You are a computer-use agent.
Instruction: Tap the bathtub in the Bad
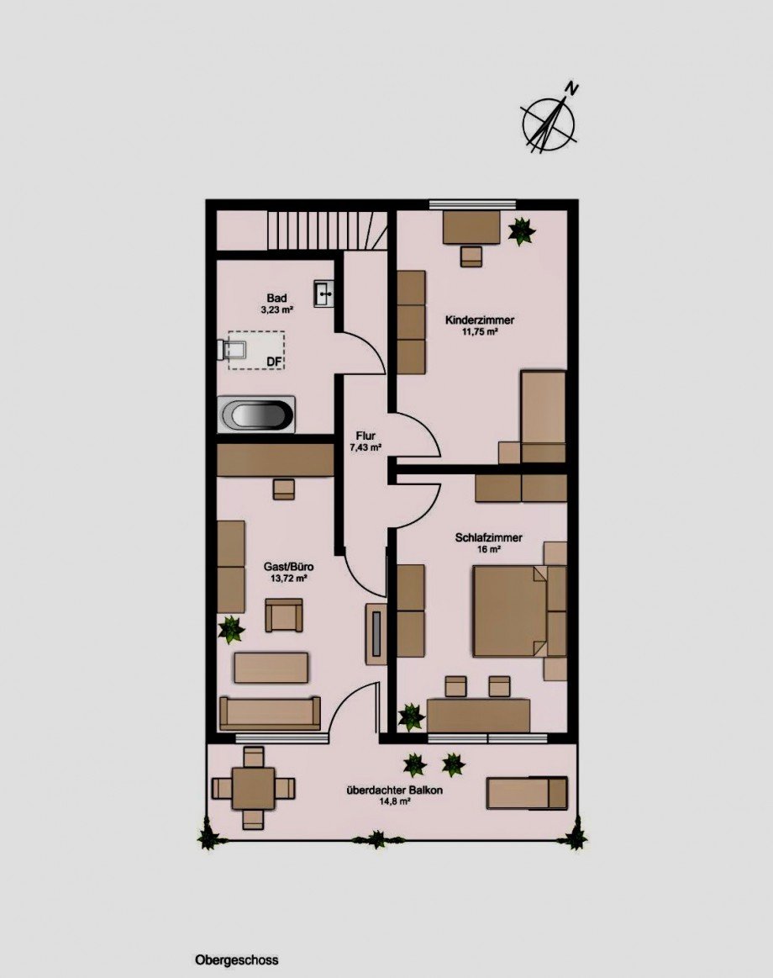point(256,414)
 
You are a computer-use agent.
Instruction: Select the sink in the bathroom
point(325,293)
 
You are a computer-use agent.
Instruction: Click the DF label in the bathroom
point(274,361)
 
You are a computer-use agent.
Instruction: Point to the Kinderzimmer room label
point(480,320)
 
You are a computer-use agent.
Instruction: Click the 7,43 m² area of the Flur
point(365,447)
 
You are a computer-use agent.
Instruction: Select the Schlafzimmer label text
point(489,537)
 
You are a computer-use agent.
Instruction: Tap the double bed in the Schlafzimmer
point(510,611)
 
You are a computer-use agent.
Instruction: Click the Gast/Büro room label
point(289,567)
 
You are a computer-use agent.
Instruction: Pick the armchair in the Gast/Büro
point(284,615)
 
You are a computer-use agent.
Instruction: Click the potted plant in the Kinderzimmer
point(521,230)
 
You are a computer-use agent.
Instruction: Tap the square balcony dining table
point(252,788)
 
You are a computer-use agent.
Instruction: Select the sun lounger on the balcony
point(528,792)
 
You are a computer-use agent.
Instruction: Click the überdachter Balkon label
point(395,790)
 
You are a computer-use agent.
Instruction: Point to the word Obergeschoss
point(237,959)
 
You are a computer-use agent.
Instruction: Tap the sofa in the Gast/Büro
point(270,713)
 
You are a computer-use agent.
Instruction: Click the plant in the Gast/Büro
point(231,629)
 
